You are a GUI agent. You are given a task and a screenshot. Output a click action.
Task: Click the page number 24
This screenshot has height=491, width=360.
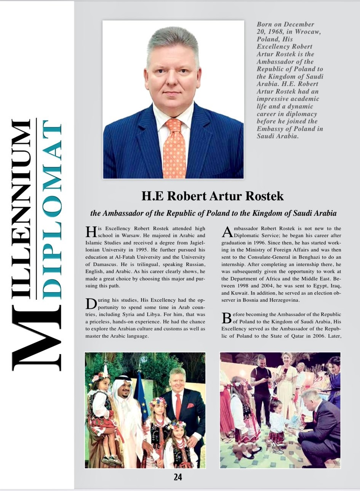178,477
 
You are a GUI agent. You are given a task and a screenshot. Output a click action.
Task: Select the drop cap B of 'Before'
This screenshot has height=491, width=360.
226,318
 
